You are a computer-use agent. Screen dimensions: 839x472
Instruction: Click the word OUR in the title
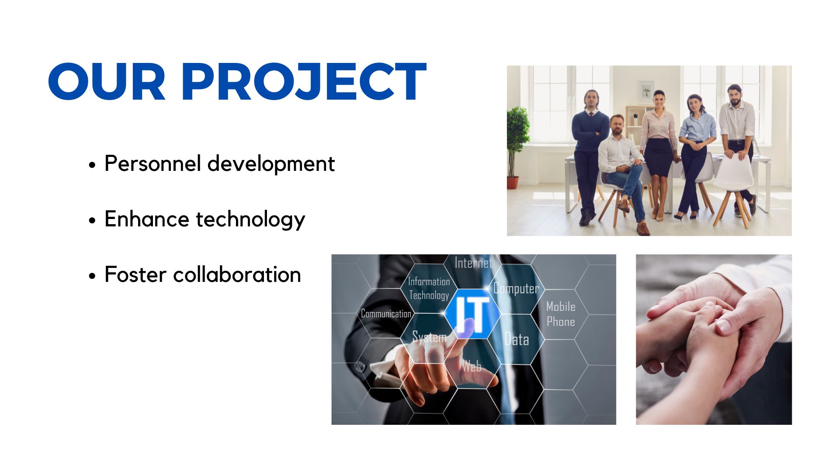(x=107, y=82)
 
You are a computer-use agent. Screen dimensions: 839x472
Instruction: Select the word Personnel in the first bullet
(x=153, y=164)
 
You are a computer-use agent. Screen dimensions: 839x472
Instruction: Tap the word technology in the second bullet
(x=250, y=220)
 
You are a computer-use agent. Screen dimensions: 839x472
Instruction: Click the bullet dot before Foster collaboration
(x=92, y=276)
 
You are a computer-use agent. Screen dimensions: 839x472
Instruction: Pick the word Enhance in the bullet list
(x=147, y=219)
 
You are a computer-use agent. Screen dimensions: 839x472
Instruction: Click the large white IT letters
(x=472, y=314)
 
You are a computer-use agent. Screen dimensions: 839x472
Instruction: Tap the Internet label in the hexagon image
(x=473, y=263)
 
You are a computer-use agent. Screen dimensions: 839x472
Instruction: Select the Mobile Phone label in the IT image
(x=561, y=314)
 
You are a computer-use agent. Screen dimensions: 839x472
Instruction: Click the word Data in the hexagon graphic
(x=517, y=339)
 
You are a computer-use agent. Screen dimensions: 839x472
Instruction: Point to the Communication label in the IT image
(x=386, y=313)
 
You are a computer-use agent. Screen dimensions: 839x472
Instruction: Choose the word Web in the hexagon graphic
(x=472, y=366)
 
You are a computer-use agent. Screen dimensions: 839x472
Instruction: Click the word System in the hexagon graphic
(x=430, y=337)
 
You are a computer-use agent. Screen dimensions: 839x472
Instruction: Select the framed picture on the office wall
(x=646, y=92)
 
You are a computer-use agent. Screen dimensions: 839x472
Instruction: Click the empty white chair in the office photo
(x=734, y=188)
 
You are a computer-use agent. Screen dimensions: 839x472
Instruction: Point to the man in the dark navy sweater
(x=590, y=155)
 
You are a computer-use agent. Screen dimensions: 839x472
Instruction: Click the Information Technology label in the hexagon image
(x=429, y=288)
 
